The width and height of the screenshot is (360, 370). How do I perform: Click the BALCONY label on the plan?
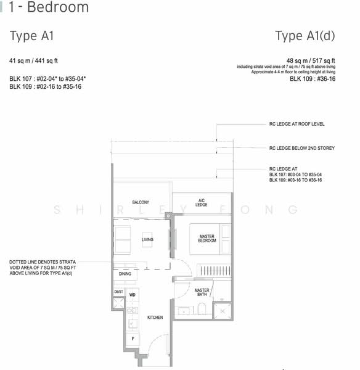click(x=141, y=202)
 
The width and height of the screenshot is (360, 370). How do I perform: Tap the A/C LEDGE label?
click(x=201, y=203)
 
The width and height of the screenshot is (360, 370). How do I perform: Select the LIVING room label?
click(x=147, y=239)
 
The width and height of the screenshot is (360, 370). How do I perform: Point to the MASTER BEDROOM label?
click(x=207, y=238)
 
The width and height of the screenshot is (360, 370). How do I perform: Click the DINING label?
click(x=125, y=274)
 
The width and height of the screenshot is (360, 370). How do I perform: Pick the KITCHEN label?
click(x=155, y=318)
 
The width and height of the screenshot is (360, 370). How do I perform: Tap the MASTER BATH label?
click(x=202, y=292)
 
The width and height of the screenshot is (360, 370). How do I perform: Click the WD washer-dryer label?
click(x=133, y=295)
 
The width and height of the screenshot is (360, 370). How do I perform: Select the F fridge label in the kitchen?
click(x=133, y=339)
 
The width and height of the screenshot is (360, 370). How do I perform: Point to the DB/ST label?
click(x=118, y=292)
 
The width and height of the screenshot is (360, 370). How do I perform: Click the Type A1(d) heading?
click(x=305, y=36)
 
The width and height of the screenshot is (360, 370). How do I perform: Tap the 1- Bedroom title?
click(x=49, y=7)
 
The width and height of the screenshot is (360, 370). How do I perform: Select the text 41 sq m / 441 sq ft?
click(x=33, y=60)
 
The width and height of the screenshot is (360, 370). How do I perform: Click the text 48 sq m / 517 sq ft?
click(x=311, y=60)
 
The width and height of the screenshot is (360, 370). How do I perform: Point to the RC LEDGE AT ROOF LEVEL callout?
click(x=297, y=124)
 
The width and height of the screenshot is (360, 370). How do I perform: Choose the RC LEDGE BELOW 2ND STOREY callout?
click(x=302, y=148)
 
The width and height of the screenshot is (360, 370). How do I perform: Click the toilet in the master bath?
click(x=202, y=309)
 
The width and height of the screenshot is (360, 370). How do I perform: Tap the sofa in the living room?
click(x=122, y=240)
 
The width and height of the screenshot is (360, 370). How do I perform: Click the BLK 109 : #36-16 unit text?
click(x=313, y=79)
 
